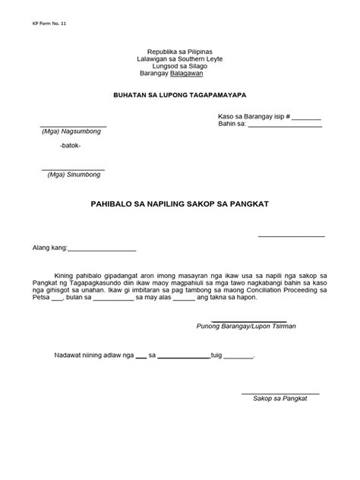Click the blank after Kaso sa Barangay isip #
306,118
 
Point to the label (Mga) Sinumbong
73,174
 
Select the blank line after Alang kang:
103,249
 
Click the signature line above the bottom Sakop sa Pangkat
280,392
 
